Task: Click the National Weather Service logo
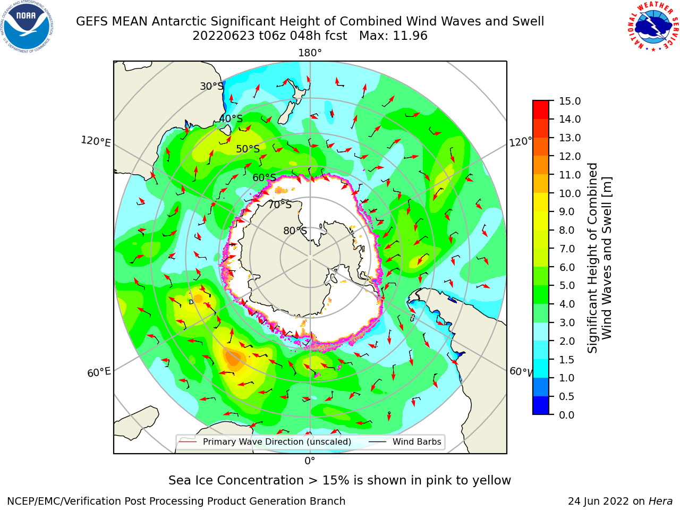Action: [653, 27]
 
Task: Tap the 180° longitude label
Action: [310, 53]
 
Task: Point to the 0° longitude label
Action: [310, 461]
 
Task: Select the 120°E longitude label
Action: [96, 141]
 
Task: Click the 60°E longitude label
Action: [99, 372]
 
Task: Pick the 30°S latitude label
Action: [211, 86]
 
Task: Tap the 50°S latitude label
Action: [248, 149]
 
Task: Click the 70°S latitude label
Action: [280, 205]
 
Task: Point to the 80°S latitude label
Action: [295, 231]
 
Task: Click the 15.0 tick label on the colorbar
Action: [569, 101]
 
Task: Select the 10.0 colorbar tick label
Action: [569, 193]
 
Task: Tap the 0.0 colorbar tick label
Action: [567, 415]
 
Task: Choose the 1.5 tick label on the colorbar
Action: [567, 360]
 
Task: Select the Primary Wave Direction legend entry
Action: [265, 441]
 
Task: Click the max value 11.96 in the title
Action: [410, 36]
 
